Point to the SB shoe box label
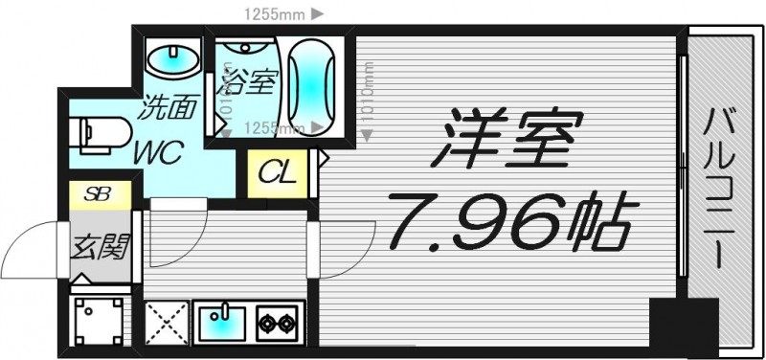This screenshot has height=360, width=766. coord(97,193)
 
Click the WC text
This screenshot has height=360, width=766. coord(158,152)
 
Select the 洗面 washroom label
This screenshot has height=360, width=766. coord(167,107)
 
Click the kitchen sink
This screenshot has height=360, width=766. coord(222,321)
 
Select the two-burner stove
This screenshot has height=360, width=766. coord(277,323)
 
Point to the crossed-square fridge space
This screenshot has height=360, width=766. coord(167,323)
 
